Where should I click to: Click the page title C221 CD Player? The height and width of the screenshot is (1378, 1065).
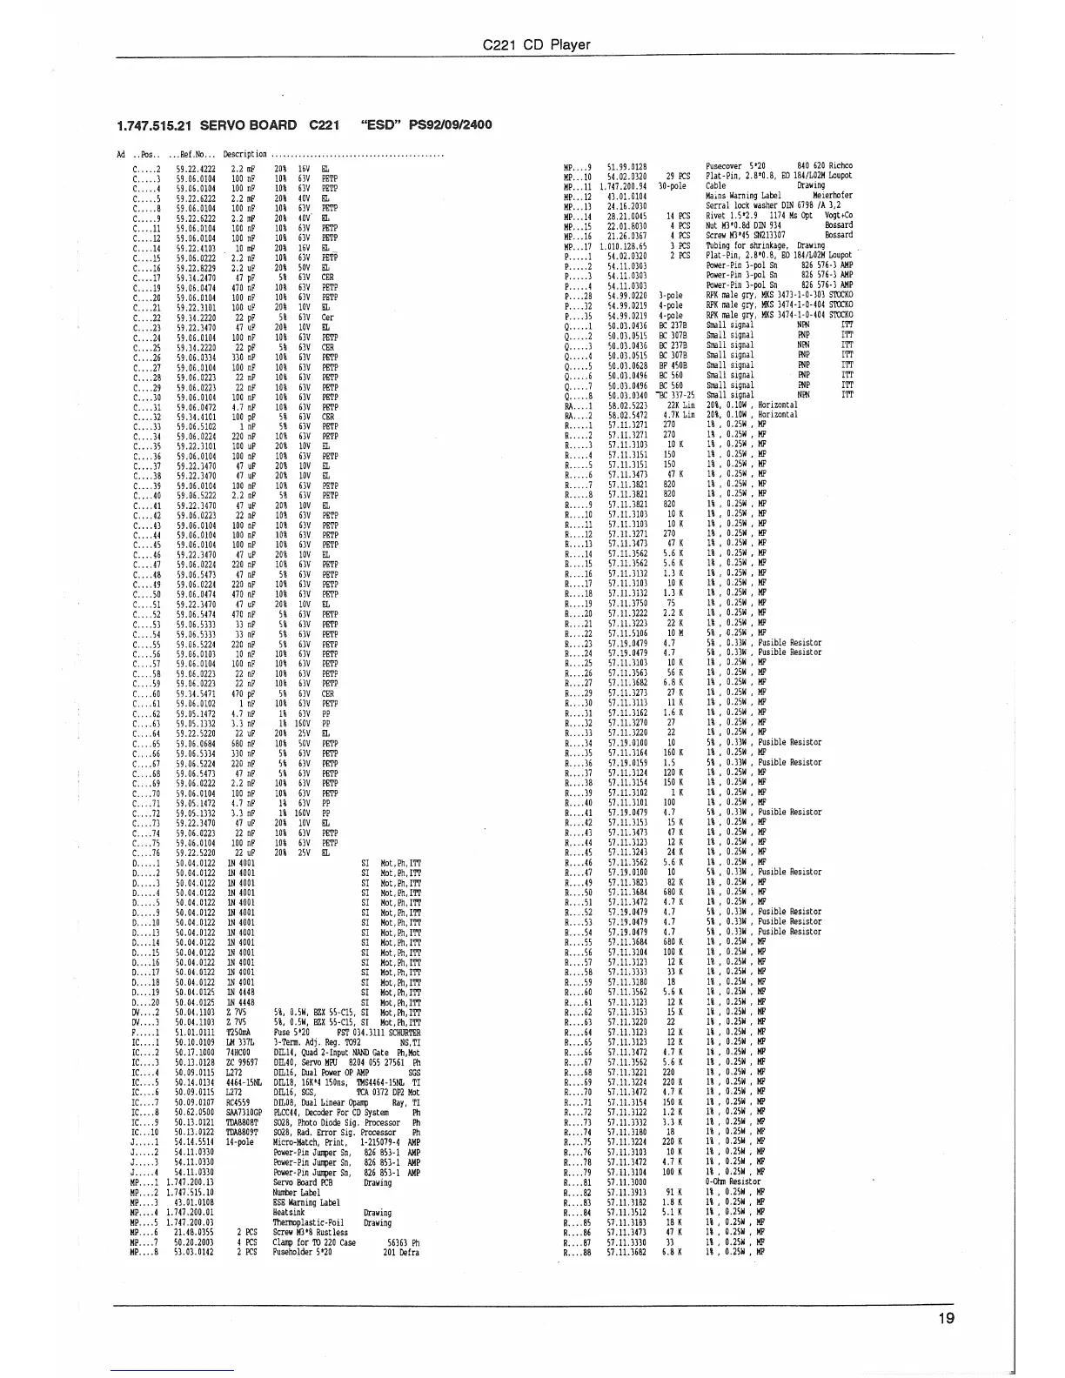537,45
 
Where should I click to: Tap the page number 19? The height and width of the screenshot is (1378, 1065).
947,1318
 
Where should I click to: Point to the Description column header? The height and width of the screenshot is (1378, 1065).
244,155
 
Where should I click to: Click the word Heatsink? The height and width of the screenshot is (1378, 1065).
288,1212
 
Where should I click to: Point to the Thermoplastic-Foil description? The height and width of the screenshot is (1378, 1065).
304,1222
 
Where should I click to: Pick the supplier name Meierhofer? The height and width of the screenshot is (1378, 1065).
833,196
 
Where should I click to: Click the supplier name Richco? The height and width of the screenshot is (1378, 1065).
841,165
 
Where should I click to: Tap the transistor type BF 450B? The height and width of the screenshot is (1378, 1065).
673,365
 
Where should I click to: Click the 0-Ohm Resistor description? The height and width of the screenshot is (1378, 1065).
733,1181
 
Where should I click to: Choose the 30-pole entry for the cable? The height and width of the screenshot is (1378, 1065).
673,185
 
